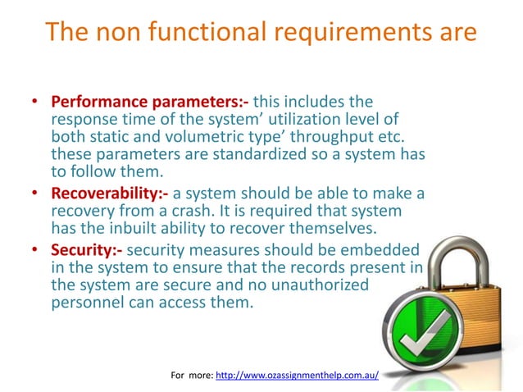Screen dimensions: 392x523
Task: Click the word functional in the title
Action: click(x=190, y=32)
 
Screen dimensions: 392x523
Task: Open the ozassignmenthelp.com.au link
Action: click(x=297, y=375)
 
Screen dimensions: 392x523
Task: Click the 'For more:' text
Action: click(x=191, y=375)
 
